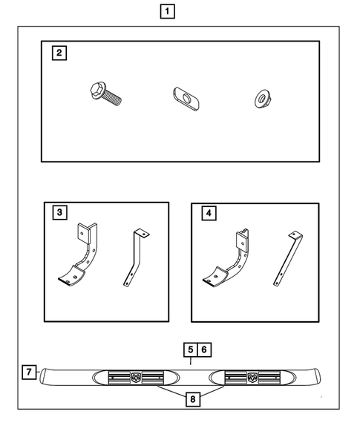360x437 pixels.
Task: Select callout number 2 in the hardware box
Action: tap(58, 53)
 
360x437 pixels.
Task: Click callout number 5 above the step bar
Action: tap(190, 349)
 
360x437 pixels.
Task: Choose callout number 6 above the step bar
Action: tap(205, 349)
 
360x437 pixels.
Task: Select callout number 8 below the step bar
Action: tap(193, 400)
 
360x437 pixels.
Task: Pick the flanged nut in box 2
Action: tap(262, 96)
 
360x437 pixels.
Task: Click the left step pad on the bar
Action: tap(136, 378)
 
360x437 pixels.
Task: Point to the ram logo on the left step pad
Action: tap(136, 378)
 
